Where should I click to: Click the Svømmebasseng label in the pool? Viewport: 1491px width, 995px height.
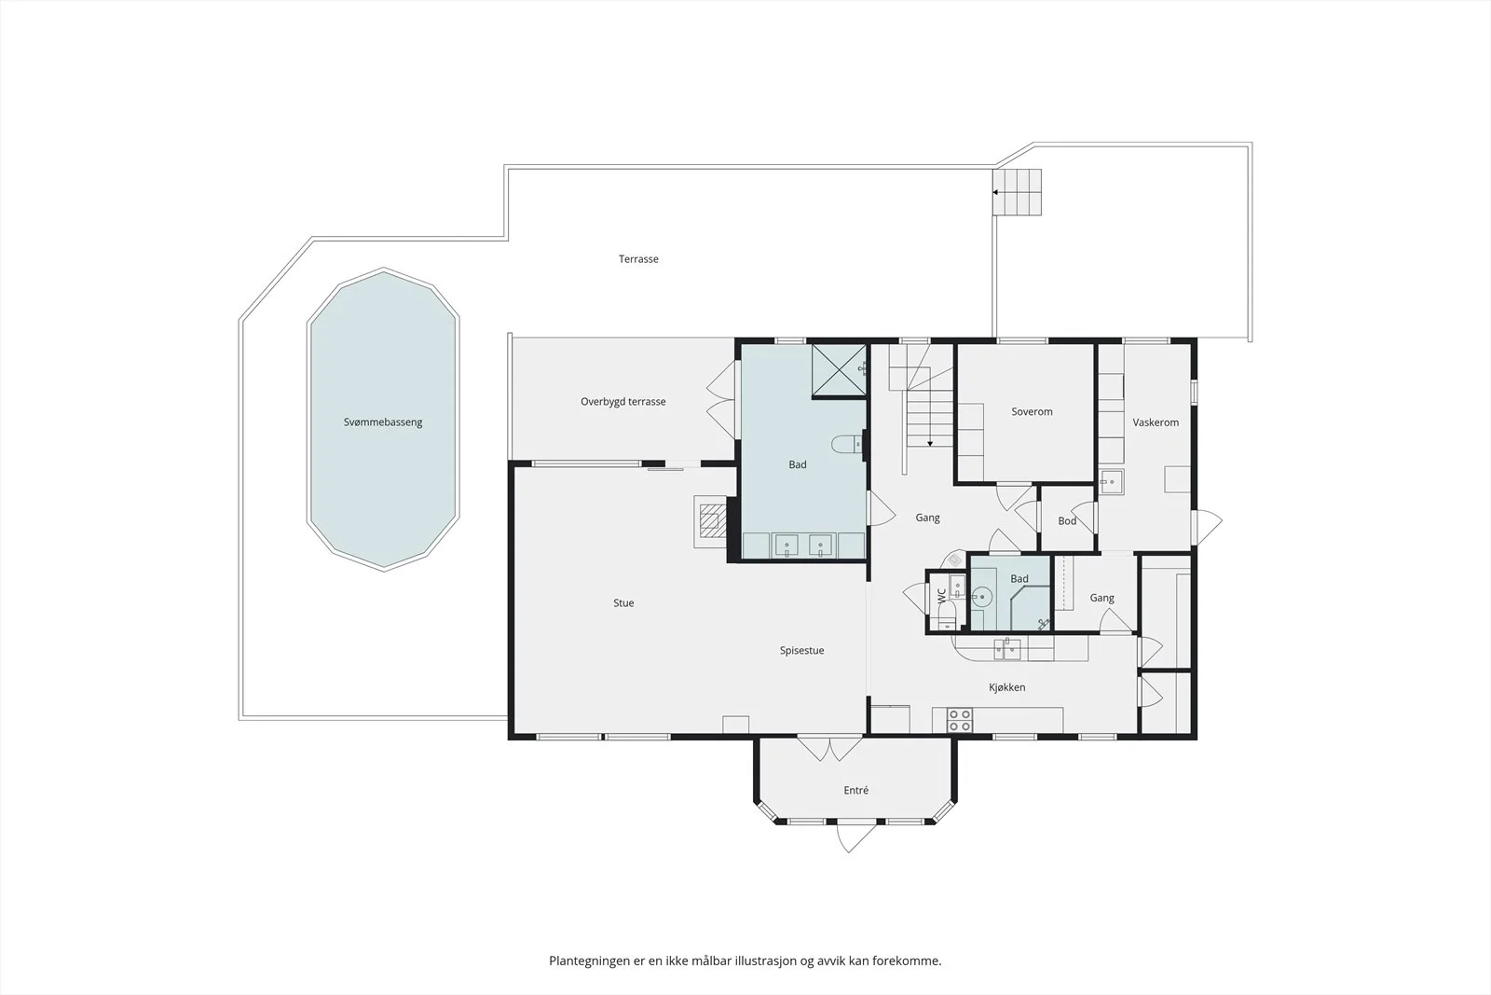click(383, 422)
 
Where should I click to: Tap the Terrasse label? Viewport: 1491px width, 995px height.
click(638, 259)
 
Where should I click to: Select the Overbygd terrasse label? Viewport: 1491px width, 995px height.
click(623, 402)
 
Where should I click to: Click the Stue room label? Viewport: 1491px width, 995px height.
click(623, 602)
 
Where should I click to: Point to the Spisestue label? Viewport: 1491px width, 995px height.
click(802, 651)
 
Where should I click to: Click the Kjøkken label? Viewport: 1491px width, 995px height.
click(1007, 687)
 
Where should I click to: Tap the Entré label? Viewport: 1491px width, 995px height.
click(856, 791)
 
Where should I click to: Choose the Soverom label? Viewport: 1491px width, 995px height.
click(1032, 411)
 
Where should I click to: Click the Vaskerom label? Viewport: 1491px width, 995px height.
click(1156, 422)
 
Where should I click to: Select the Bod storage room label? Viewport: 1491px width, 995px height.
click(1067, 520)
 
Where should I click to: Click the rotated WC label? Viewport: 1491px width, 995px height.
click(942, 595)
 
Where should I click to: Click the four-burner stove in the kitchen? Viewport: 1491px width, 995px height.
click(959, 720)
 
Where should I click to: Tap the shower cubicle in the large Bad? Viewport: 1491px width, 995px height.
click(839, 370)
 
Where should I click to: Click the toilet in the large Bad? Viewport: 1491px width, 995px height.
click(847, 444)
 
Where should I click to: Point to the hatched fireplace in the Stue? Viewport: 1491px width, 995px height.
click(711, 520)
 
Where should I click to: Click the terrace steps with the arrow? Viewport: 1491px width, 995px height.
click(1017, 192)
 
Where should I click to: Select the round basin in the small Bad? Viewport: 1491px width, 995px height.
click(982, 596)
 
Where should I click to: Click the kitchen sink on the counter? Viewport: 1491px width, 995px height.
click(1007, 649)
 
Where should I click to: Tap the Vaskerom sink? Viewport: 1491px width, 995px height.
click(1112, 481)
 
